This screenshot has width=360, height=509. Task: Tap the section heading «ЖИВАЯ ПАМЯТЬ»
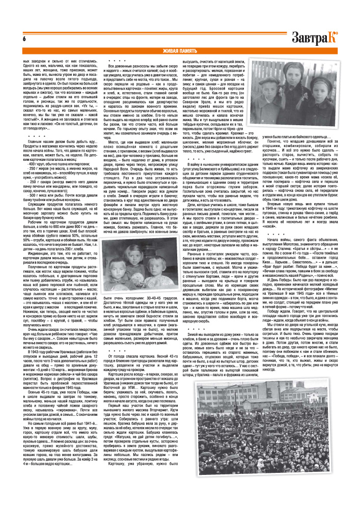pyautogui.click(x=180, y=51)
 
